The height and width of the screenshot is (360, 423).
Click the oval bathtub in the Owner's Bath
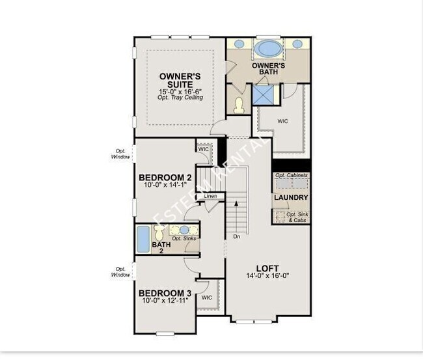pyautogui.click(x=267, y=48)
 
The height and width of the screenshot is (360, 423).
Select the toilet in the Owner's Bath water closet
pyautogui.click(x=238, y=105)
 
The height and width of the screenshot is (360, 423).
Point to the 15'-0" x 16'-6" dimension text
pyautogui.click(x=180, y=92)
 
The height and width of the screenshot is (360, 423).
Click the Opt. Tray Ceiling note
pyautogui.click(x=180, y=98)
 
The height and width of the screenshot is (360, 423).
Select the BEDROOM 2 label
pyautogui.click(x=165, y=177)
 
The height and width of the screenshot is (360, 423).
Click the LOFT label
pyautogui.click(x=267, y=267)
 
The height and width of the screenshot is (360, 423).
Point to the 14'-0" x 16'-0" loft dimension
pyautogui.click(x=267, y=275)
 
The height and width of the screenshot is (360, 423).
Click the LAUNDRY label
pyautogui.click(x=291, y=197)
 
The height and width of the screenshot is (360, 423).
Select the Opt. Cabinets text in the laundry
pyautogui.click(x=291, y=176)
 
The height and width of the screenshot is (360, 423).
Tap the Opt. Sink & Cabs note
pyautogui.click(x=295, y=217)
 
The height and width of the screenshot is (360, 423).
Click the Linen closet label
pyautogui.click(x=210, y=196)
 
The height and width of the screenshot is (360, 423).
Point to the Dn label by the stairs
pyautogui.click(x=236, y=236)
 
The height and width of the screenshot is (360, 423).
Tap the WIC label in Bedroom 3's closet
pyautogui.click(x=207, y=298)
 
